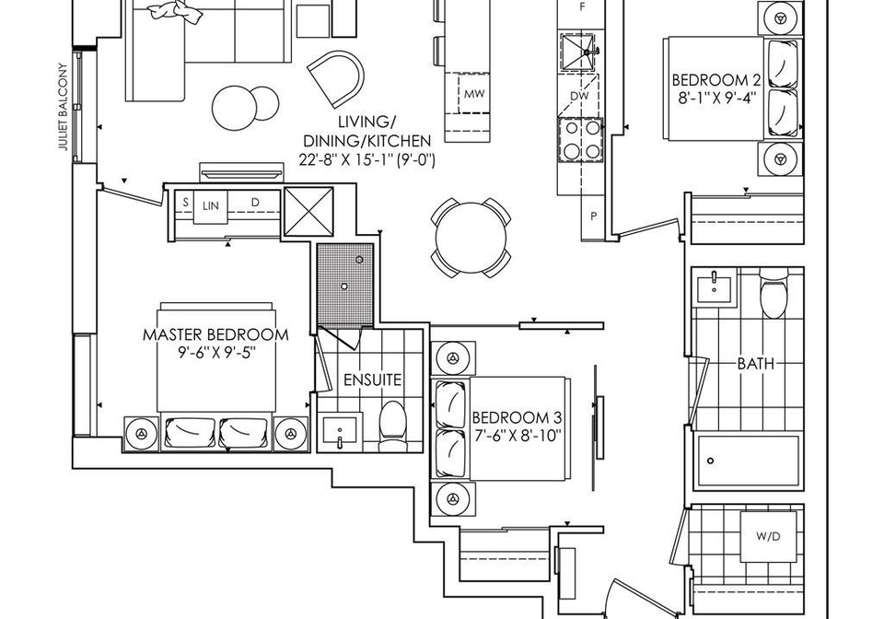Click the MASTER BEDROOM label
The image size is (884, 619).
[x=215, y=334]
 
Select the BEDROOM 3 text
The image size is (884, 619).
[x=517, y=418]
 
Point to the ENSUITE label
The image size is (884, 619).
[x=373, y=380]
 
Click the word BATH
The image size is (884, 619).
[x=755, y=364]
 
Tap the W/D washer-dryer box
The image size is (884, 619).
[x=768, y=537]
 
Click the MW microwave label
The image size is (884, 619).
[x=474, y=94]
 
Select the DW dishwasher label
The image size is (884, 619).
[x=579, y=96]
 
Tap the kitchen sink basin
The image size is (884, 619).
[x=577, y=53]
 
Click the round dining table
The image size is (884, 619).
[x=471, y=238]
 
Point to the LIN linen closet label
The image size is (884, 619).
[x=210, y=206]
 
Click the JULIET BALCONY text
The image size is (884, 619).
[x=64, y=107]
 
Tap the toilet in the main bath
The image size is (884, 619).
[x=773, y=291]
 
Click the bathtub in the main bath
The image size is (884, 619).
[x=748, y=460]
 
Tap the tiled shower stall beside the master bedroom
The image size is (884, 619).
[x=345, y=286]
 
